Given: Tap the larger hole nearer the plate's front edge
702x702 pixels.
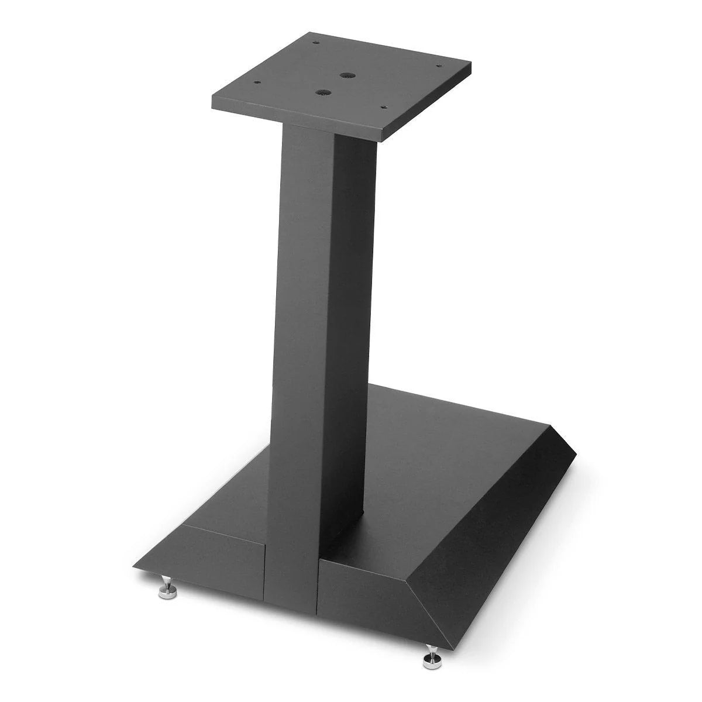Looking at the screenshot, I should point(321,92).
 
